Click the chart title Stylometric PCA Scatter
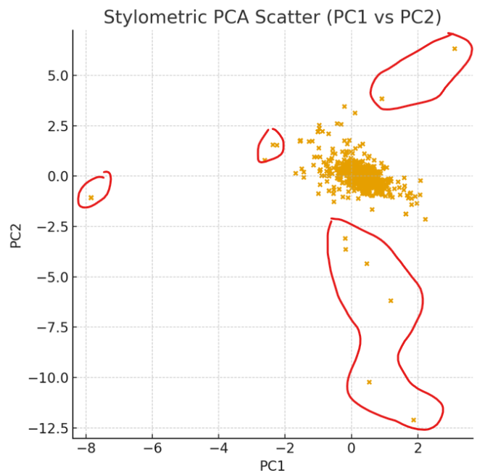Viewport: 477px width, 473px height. pos(272,17)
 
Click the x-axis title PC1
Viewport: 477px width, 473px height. pos(273,465)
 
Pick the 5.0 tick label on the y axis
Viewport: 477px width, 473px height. pos(54,75)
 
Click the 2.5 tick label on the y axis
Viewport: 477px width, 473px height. pos(54,126)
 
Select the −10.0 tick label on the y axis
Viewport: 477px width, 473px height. pos(47,378)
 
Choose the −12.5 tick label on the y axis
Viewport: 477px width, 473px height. pos(47,428)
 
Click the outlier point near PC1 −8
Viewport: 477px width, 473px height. pos(91,197)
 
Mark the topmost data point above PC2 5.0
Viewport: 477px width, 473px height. pos(455,49)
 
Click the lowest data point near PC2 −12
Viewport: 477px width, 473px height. pos(414,420)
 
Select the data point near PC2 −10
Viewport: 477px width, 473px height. pos(369,382)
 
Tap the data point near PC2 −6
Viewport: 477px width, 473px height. pos(391,300)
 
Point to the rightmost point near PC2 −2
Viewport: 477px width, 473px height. pos(426,218)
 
